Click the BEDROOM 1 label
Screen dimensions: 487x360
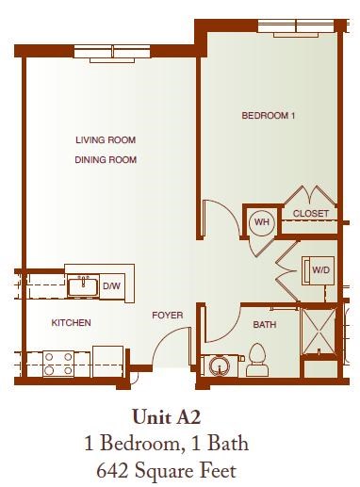click(269, 117)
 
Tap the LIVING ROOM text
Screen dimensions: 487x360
click(106, 141)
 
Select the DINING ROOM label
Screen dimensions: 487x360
click(106, 160)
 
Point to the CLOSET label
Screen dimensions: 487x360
click(311, 214)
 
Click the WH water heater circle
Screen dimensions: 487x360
click(261, 223)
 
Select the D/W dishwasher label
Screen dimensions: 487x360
click(111, 285)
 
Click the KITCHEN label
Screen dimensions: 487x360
click(71, 323)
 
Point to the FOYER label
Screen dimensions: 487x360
click(167, 315)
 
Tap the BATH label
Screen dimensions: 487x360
click(265, 324)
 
